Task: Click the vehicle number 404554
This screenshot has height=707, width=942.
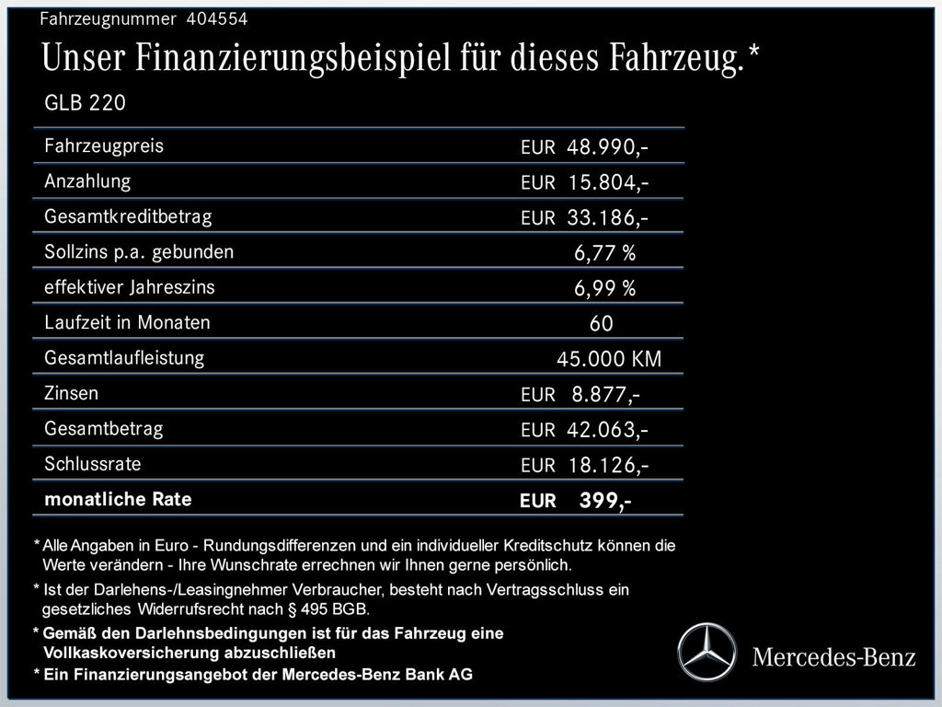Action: tap(217, 18)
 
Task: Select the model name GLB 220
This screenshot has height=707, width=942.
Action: tap(85, 103)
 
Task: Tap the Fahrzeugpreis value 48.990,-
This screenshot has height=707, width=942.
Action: tap(608, 147)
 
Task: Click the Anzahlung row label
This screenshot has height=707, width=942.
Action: tap(87, 181)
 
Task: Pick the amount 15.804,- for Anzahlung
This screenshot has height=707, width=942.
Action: tap(608, 182)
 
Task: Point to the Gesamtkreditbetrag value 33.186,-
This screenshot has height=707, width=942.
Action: tap(608, 218)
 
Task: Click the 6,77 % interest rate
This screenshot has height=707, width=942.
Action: tap(604, 253)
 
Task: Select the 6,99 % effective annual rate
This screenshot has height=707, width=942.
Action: tap(604, 288)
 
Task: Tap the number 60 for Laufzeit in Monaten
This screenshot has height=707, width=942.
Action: tap(601, 324)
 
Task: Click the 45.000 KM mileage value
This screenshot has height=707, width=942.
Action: tap(608, 359)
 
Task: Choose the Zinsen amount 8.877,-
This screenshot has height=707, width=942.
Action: tap(605, 395)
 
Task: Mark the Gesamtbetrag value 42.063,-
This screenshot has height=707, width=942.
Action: tap(608, 430)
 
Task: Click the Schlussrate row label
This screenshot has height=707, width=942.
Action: tap(93, 464)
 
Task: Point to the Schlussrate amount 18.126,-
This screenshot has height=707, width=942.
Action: tap(608, 465)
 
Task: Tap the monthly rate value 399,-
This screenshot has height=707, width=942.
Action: tap(604, 501)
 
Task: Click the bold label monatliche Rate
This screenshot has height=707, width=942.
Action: tap(118, 500)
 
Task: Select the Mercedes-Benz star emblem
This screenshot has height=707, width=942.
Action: tap(707, 651)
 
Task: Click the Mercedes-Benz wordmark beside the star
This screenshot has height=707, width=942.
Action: tap(833, 657)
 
